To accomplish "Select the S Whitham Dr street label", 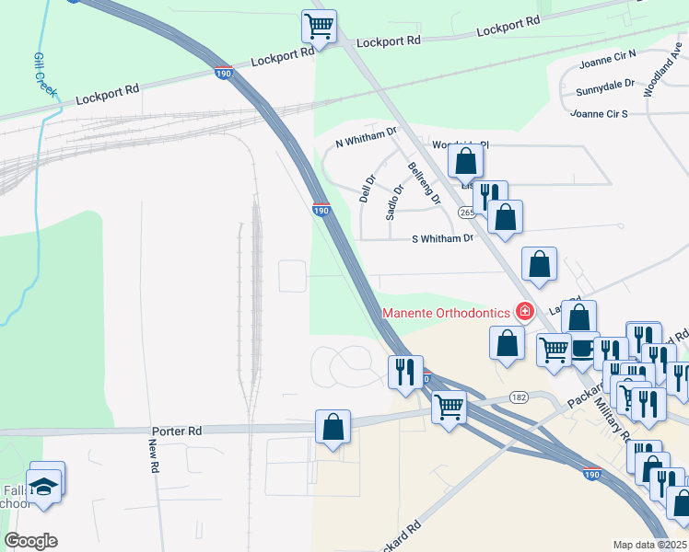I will pyautogui.click(x=442, y=238).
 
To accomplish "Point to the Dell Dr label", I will pyautogui.click(x=368, y=190).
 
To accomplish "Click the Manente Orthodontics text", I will pyautogui.click(x=446, y=313).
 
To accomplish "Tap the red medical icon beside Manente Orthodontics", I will pyautogui.click(x=524, y=311).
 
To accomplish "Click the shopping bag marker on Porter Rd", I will pyautogui.click(x=333, y=427).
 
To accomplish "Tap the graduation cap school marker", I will pyautogui.click(x=42, y=485).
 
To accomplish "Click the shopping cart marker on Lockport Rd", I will pyautogui.click(x=319, y=26).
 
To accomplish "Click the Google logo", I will pyautogui.click(x=30, y=541).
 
